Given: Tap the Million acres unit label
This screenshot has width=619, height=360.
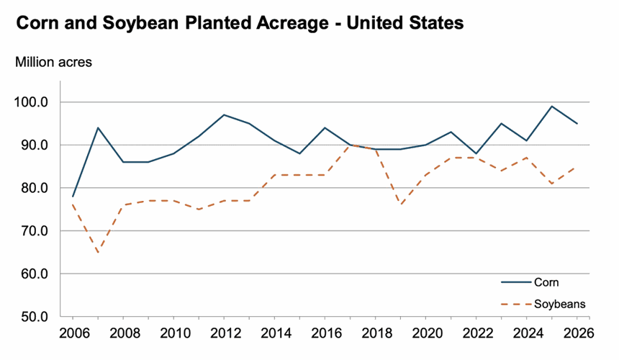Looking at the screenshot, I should (x=53, y=62).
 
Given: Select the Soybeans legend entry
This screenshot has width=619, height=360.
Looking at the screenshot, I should (x=559, y=305).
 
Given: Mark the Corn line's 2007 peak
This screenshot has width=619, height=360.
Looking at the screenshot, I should (x=97, y=128).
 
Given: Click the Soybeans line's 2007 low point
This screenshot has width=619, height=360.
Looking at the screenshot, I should (x=97, y=253).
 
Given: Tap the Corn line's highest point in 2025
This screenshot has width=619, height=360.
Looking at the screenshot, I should (x=551, y=107).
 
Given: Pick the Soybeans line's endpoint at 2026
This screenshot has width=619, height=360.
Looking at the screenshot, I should (x=577, y=167).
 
